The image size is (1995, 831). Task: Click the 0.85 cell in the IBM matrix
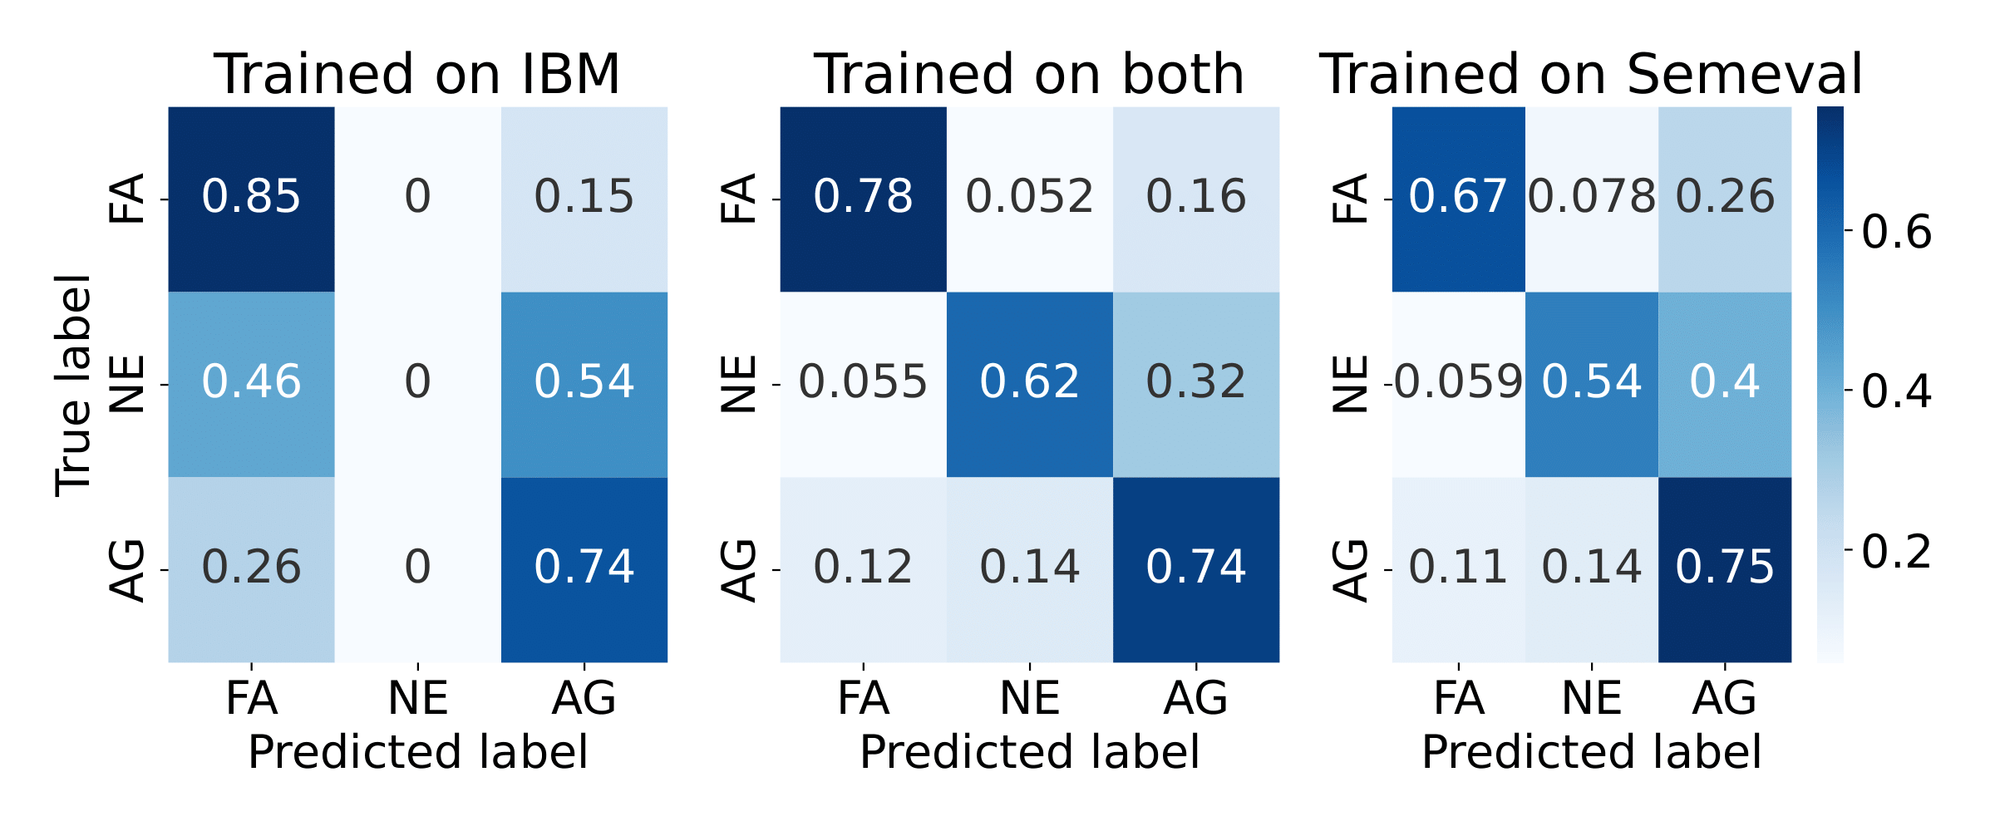[251, 198]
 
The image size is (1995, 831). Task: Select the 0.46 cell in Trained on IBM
[251, 383]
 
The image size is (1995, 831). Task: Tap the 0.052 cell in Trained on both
[1029, 198]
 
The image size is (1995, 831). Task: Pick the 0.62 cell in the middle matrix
[1029, 383]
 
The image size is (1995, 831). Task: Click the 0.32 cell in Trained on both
[1195, 383]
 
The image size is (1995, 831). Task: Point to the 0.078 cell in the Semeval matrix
[1592, 198]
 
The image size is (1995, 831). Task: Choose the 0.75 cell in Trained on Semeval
[1725, 568]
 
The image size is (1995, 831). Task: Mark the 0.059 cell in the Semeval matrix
[1459, 383]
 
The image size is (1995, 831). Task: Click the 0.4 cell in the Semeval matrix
[1725, 383]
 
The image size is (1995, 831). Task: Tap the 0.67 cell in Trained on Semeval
[1459, 198]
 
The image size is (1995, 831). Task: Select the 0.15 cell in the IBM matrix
[584, 198]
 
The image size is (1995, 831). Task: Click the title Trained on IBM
[417, 75]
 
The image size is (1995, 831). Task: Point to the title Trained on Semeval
[1591, 75]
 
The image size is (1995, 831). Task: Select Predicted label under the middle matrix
[1029, 753]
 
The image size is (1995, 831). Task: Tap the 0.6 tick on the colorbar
[1896, 232]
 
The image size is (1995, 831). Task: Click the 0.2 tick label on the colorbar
[1896, 551]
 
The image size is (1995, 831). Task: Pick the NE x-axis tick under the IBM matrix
[417, 698]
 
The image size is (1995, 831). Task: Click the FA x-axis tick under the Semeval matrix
[1459, 698]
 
